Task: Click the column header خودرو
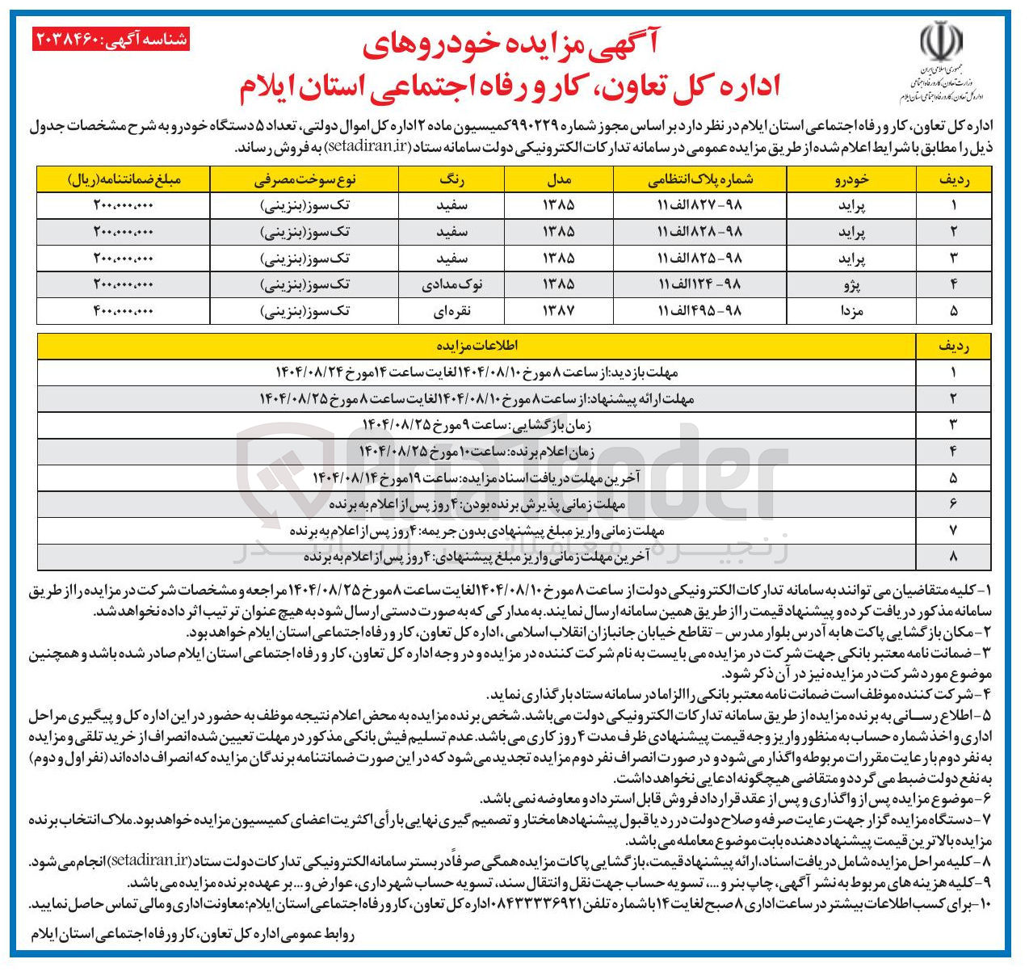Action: [851, 179]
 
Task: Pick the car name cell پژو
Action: [851, 284]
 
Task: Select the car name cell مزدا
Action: [851, 311]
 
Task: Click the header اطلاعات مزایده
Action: [477, 346]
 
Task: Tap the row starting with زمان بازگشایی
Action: [477, 425]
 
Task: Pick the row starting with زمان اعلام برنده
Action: [477, 452]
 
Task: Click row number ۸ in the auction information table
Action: [953, 557]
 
